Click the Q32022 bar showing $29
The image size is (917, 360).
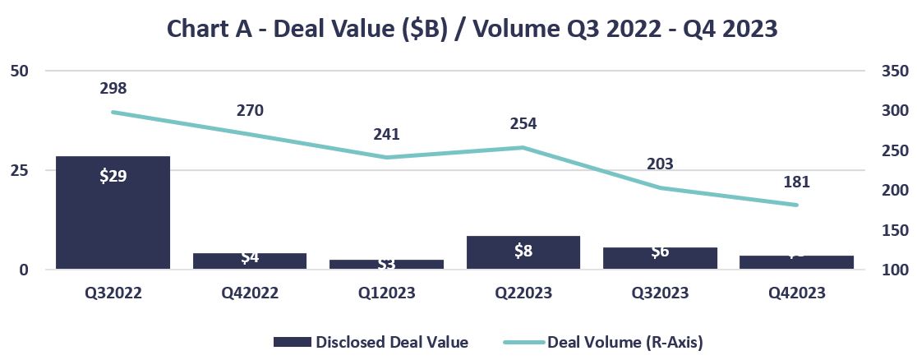coord(113,212)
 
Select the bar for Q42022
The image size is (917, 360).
coord(249,261)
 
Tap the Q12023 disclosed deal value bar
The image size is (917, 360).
coord(386,264)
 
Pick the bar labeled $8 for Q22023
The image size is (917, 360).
coord(523,252)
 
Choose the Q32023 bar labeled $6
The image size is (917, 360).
coord(660,257)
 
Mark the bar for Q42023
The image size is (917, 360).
coord(796,261)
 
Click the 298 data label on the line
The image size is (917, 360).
coord(113,88)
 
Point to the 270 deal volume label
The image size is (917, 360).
coord(249,110)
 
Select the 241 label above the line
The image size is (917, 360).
coord(386,134)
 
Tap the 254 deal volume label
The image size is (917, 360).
coord(523,124)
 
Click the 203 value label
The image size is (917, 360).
coord(660,164)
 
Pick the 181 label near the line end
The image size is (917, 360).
coord(796,181)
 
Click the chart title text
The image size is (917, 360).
coord(472,29)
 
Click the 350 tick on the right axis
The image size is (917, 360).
coord(892,71)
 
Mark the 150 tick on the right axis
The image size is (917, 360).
coord(892,230)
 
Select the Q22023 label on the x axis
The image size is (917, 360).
coord(523,293)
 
